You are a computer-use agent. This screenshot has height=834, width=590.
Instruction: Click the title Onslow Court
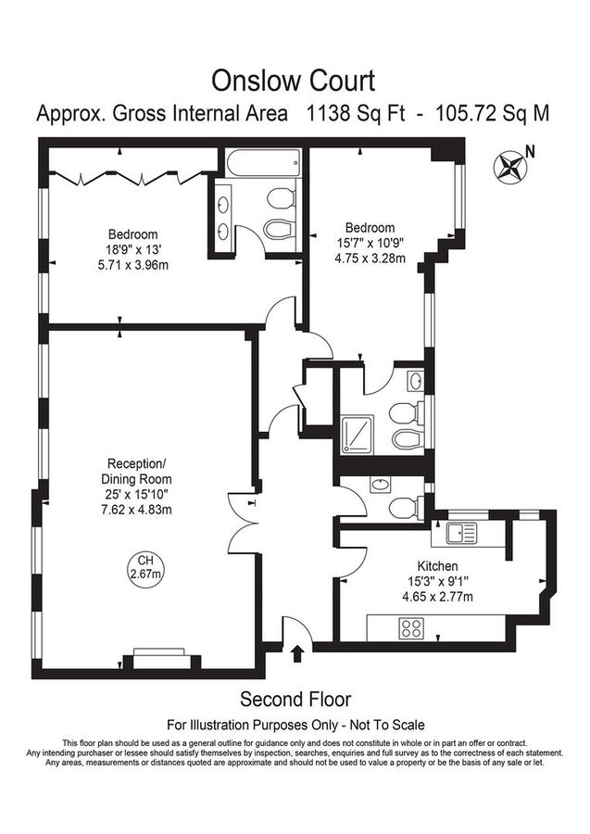(x=295, y=81)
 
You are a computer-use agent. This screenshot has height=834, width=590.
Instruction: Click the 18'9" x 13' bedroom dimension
(x=132, y=249)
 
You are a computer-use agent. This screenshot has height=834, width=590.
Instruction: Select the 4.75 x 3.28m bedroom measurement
(x=370, y=259)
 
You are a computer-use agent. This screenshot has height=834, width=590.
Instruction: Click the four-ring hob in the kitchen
(x=410, y=627)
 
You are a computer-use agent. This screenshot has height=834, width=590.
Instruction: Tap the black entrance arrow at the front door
(x=297, y=655)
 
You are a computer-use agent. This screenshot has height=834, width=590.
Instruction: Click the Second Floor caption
(x=295, y=699)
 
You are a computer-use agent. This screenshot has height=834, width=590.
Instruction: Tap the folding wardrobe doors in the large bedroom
(x=125, y=172)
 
